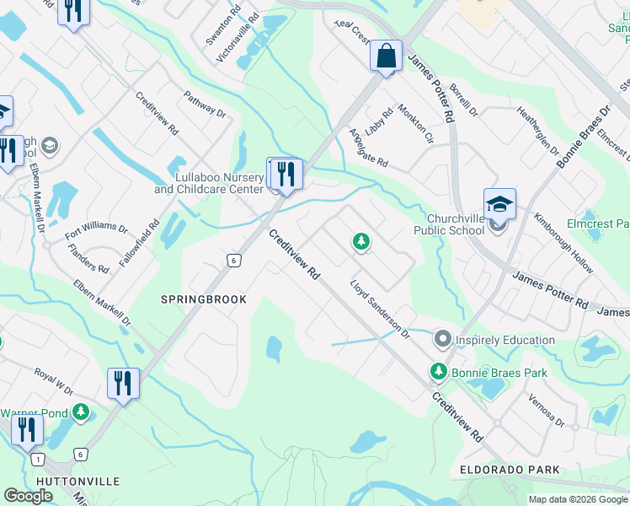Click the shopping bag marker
click(386, 57)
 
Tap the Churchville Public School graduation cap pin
click(499, 204)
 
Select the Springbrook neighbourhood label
click(204, 299)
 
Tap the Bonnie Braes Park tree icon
click(438, 371)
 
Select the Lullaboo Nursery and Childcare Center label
click(208, 184)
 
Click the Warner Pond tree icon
click(80, 412)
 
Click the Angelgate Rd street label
click(368, 148)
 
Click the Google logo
click(28, 495)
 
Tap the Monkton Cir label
click(416, 122)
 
